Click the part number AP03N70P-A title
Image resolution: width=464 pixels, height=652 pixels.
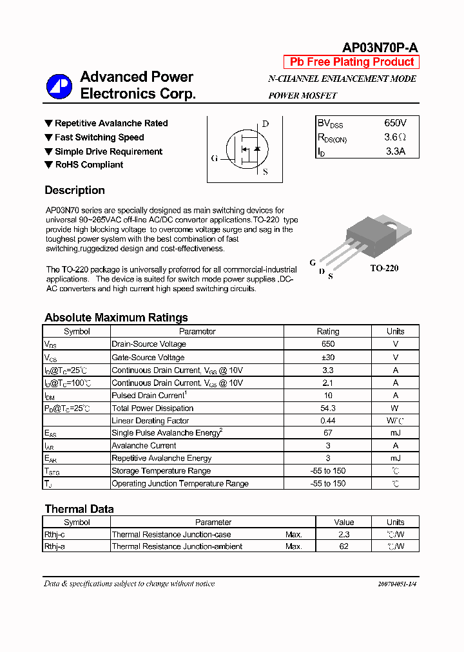point(380,48)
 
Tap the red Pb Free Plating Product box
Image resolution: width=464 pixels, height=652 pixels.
point(352,62)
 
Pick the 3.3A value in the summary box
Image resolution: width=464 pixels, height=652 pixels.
point(395,151)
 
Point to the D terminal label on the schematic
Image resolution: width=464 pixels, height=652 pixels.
point(265,124)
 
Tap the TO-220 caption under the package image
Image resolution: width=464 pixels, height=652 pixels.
point(384,268)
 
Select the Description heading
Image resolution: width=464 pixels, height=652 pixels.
point(75,190)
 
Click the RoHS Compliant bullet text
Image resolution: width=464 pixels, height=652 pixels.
point(89,165)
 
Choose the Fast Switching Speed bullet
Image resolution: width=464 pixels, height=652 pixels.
point(99,137)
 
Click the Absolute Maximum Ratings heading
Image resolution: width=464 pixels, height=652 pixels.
point(116,317)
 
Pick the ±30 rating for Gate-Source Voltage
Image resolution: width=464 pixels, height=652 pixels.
point(327,357)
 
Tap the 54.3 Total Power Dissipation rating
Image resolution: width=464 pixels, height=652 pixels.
point(327,408)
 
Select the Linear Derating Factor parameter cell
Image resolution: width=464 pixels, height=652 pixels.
point(150,421)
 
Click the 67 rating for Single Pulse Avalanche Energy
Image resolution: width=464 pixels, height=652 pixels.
point(327,433)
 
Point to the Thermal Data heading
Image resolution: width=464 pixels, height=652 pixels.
point(79,509)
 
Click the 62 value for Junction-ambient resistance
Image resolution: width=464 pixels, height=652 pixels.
point(343,546)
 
